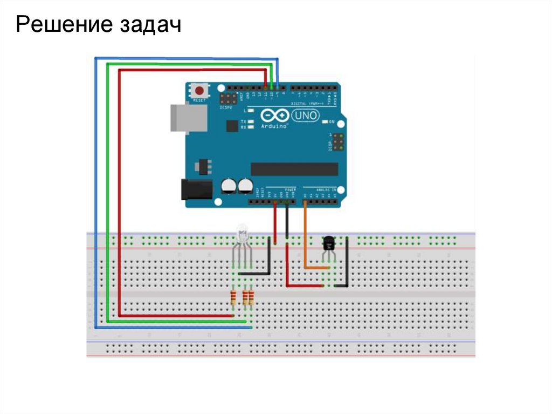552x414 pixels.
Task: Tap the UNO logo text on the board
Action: click(x=306, y=115)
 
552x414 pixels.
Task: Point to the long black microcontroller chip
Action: click(x=294, y=169)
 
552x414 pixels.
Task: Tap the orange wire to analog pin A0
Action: click(x=306, y=237)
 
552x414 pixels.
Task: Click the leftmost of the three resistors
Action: click(x=233, y=297)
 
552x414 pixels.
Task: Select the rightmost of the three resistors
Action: click(x=251, y=297)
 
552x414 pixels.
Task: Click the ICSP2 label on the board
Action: click(x=226, y=107)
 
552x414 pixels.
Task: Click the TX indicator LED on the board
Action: click(x=250, y=122)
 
